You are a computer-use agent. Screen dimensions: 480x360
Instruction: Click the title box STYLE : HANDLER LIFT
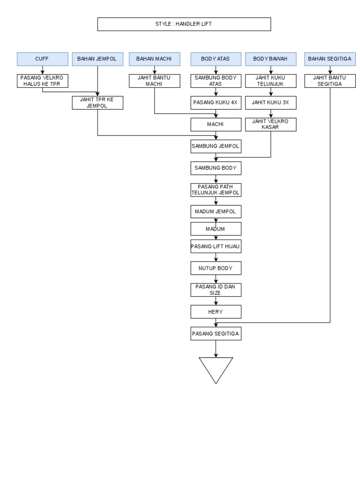(x=184, y=24)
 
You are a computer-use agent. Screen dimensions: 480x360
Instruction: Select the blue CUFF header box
(x=42, y=59)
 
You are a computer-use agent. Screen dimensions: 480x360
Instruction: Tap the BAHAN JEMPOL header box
(x=97, y=59)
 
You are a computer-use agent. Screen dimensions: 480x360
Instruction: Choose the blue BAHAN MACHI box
(x=154, y=59)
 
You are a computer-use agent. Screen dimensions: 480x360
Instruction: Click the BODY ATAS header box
(x=216, y=59)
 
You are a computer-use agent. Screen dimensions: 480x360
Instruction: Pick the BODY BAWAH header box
(x=270, y=59)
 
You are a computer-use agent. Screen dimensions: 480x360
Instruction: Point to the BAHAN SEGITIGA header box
(x=330, y=59)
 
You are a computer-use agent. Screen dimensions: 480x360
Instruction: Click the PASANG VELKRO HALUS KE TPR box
(x=42, y=81)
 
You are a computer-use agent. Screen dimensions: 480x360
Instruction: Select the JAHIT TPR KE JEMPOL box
(x=97, y=103)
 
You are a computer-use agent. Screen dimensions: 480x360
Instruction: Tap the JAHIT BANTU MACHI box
(x=154, y=81)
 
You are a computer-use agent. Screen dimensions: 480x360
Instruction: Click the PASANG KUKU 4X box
(x=216, y=103)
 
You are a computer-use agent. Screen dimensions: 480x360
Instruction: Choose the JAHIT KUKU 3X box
(x=270, y=103)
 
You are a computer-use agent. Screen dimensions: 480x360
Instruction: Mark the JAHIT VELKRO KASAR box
(x=270, y=124)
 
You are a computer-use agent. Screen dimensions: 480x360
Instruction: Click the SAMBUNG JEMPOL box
(x=216, y=146)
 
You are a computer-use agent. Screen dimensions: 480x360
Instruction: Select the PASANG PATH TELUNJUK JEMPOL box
(x=216, y=190)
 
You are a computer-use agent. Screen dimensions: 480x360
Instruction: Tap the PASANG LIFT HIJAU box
(x=216, y=246)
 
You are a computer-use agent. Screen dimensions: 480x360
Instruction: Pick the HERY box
(x=216, y=312)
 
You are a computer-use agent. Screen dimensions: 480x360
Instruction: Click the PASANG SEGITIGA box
(x=216, y=334)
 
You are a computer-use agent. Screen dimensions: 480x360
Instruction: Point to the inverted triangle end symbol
(x=216, y=368)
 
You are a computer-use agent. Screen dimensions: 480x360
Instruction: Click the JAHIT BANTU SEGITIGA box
(x=330, y=81)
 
